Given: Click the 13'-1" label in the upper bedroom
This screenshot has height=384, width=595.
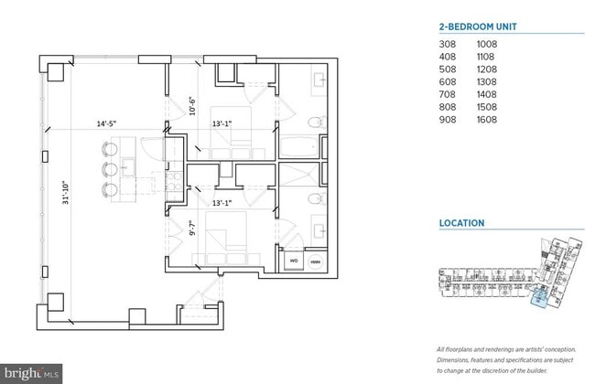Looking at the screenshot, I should pyautogui.click(x=223, y=124).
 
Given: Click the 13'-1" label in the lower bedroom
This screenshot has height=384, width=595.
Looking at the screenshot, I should pyautogui.click(x=223, y=203).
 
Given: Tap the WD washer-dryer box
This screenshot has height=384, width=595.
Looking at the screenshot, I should pyautogui.click(x=295, y=261).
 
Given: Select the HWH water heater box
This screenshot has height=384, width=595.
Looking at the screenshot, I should pyautogui.click(x=315, y=261).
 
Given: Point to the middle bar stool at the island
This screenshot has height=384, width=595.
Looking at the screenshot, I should pyautogui.click(x=109, y=169).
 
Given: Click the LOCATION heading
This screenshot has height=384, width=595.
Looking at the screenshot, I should pyautogui.click(x=462, y=222).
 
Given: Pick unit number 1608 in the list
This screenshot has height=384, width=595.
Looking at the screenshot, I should pyautogui.click(x=487, y=120).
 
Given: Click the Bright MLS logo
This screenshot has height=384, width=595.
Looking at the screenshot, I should pyautogui.click(x=32, y=373).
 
